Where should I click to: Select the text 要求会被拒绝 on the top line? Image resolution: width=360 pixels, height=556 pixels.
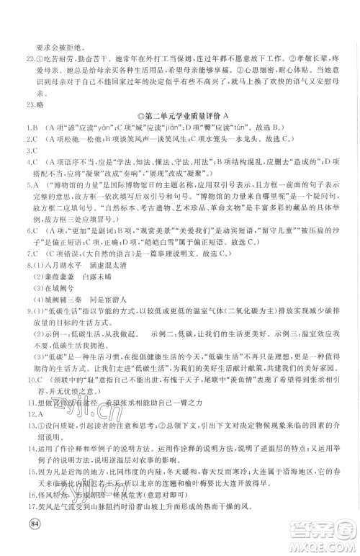pyautogui.click(x=54, y=26)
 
